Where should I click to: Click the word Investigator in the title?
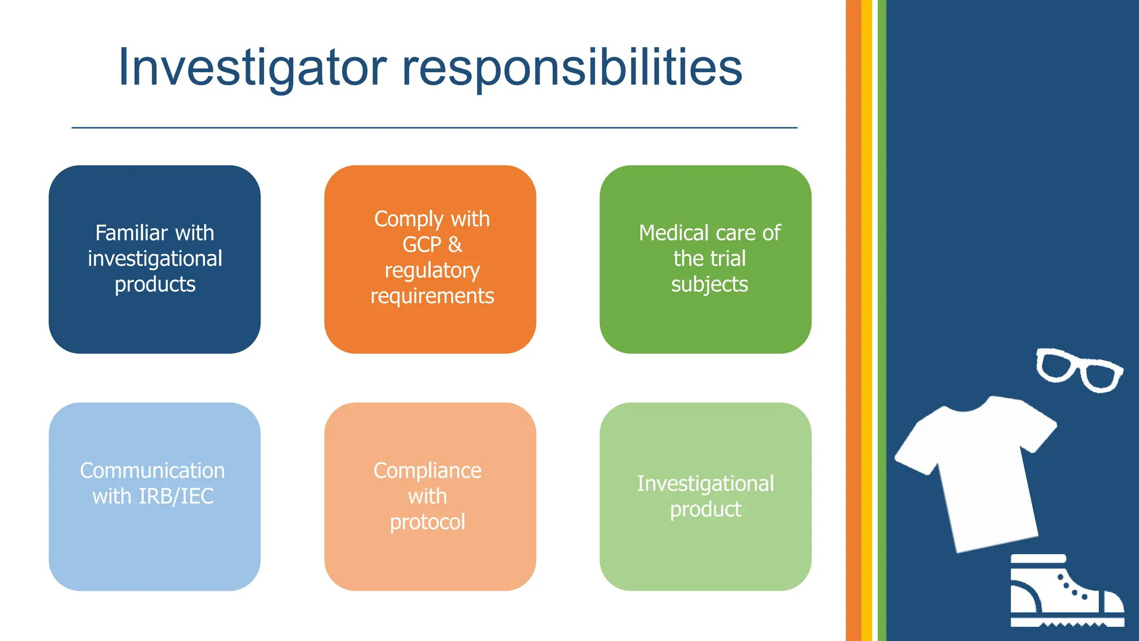(252, 68)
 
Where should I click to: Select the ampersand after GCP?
(455, 245)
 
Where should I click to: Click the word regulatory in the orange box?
(432, 271)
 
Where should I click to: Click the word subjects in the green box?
(709, 284)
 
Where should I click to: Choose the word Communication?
(152, 471)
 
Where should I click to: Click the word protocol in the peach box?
(427, 522)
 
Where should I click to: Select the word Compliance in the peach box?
(427, 471)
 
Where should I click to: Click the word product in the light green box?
(705, 510)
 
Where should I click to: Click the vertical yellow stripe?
(866, 320)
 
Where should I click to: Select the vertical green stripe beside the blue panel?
(882, 320)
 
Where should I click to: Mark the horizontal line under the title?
(434, 128)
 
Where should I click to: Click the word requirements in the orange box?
(432, 297)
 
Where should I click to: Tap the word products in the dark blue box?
(155, 284)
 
